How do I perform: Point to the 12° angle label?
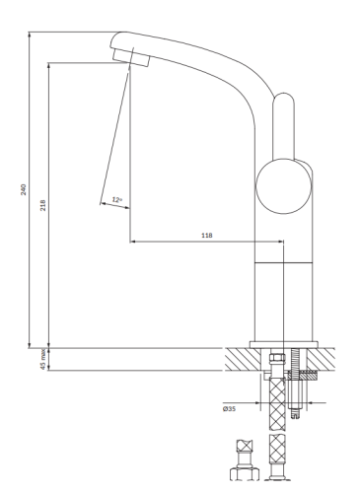117,200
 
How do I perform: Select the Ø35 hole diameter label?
229,407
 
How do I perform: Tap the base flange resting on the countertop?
284,344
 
